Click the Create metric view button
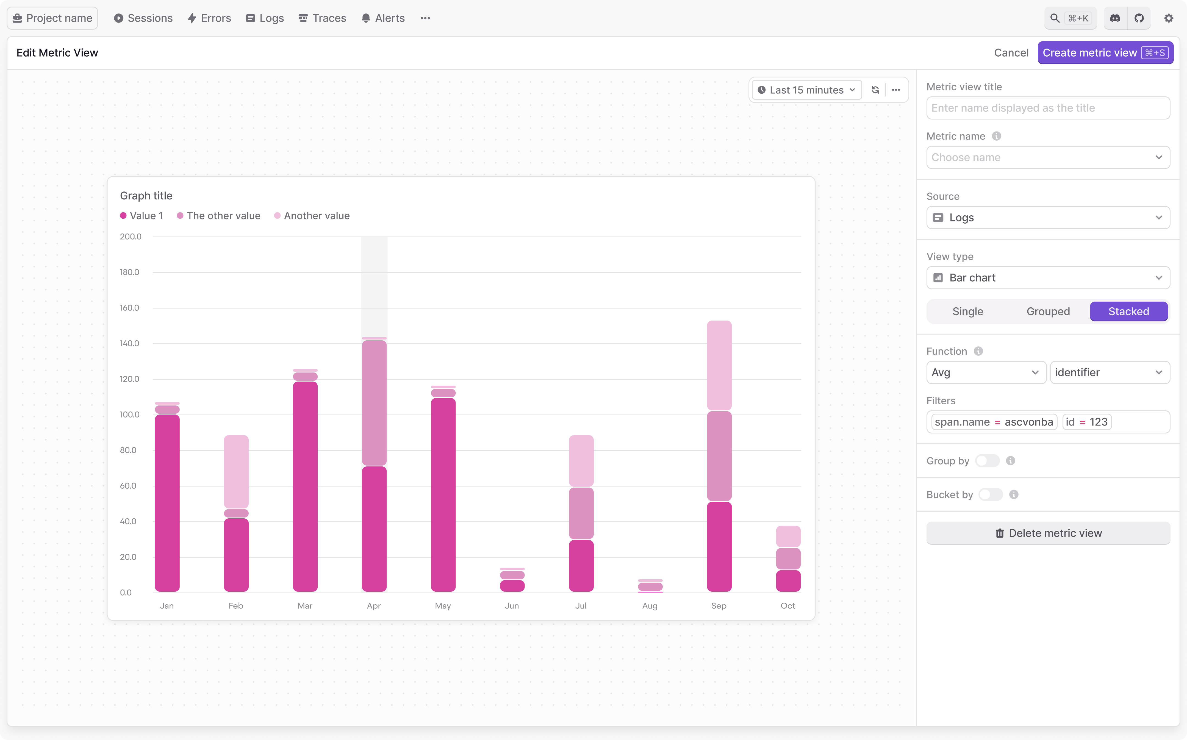[1105, 53]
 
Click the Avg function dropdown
[985, 372]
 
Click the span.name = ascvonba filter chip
[993, 422]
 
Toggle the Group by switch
[987, 461]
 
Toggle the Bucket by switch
[990, 495]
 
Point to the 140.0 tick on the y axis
[129, 344]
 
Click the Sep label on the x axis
[718, 606]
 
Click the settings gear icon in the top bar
[1168, 18]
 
